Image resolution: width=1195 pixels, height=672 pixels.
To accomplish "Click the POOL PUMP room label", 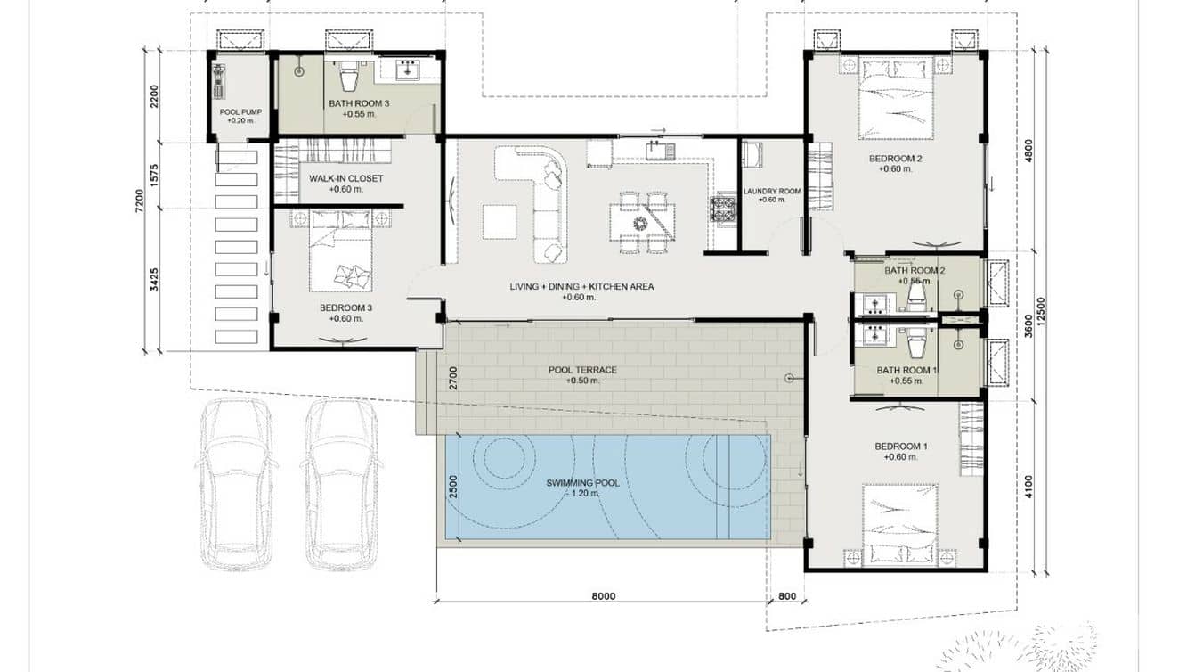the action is (240, 112).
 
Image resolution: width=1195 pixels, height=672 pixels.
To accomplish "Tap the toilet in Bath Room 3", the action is (349, 76).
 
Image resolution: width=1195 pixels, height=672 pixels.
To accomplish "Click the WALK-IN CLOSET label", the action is (345, 178).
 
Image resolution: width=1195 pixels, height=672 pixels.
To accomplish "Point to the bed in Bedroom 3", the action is (340, 250).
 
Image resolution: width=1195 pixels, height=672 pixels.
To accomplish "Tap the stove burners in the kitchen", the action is (722, 209).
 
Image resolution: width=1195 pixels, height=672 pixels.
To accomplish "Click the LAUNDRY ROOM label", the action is (772, 191).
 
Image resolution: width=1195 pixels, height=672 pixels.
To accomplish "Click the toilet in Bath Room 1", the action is (916, 344).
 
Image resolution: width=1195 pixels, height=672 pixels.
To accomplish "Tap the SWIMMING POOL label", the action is (582, 483).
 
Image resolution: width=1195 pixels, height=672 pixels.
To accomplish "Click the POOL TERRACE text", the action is (582, 370).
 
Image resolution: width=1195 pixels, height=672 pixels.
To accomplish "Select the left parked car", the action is (236, 484).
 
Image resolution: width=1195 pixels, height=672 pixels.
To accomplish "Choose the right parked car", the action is (342, 484).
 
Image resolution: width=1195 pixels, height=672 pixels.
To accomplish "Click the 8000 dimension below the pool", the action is (604, 596).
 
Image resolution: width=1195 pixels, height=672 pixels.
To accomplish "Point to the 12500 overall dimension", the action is (1041, 311).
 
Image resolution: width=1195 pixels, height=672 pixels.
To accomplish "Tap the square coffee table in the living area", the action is (500, 222).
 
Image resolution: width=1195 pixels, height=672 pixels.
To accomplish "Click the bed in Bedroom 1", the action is (900, 523).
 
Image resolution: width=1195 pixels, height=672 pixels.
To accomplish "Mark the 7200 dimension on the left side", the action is (139, 201).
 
